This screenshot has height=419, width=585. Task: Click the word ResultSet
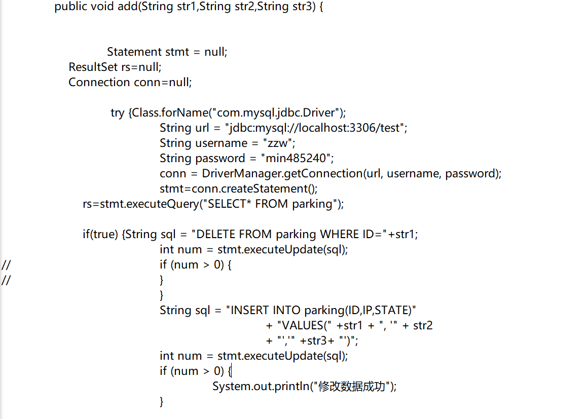(x=93, y=67)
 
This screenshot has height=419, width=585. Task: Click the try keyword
(x=117, y=112)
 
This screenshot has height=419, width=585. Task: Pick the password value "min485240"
(x=297, y=158)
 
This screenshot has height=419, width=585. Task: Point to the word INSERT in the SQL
(x=250, y=310)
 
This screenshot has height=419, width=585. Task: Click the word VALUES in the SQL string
(x=303, y=325)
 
